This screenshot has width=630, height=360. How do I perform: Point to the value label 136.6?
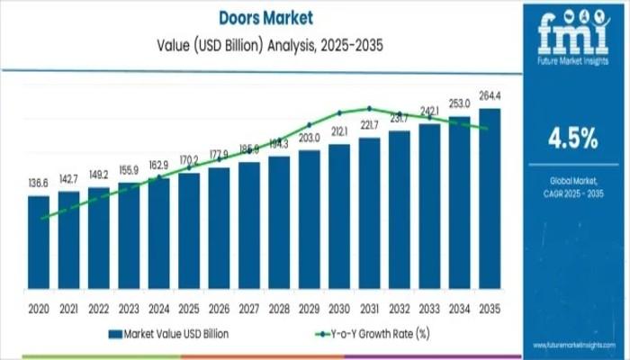tap(39, 184)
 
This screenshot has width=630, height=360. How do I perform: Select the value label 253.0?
tap(460, 105)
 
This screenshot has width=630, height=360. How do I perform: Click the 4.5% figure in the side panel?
tap(573, 138)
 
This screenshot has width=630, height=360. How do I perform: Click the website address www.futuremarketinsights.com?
tap(573, 344)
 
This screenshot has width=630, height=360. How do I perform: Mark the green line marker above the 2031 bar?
tap(370, 107)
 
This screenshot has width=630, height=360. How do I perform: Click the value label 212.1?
tap(340, 131)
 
